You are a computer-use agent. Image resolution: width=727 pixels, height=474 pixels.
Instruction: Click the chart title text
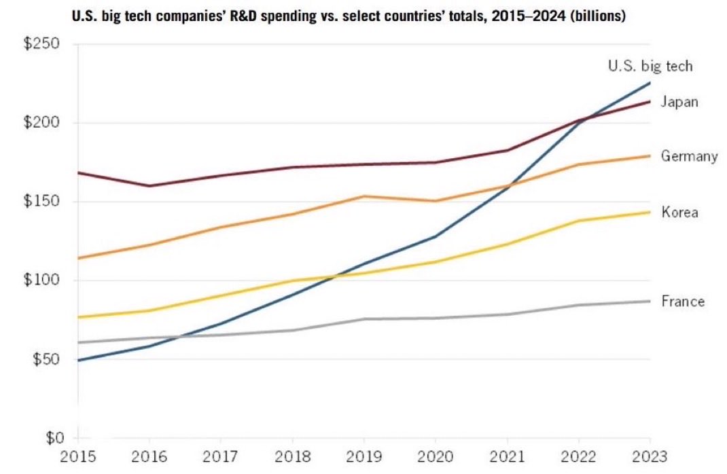coord(348,16)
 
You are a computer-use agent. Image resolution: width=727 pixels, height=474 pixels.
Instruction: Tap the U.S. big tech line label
coord(650,66)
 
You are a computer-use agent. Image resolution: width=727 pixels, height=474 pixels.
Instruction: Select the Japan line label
coord(679,103)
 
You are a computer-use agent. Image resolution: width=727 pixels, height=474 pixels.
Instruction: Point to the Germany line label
coord(689,157)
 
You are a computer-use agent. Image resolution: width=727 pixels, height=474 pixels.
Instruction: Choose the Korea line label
coord(679,213)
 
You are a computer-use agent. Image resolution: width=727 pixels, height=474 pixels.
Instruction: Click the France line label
coord(683,302)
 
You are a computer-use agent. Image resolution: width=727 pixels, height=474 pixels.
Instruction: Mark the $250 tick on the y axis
coord(43,45)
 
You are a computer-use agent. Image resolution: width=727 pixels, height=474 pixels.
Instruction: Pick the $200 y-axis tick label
coord(43,123)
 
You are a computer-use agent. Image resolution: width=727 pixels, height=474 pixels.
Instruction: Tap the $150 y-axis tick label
coord(43,202)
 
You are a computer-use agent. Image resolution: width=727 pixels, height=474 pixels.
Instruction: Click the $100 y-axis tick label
coord(43,280)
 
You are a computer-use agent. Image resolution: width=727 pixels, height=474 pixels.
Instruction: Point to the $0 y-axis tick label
coord(51,438)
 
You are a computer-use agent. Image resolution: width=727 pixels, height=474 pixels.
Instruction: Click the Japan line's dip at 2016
coord(149,185)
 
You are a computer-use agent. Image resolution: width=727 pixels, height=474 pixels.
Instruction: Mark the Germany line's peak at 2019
coord(364,196)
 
